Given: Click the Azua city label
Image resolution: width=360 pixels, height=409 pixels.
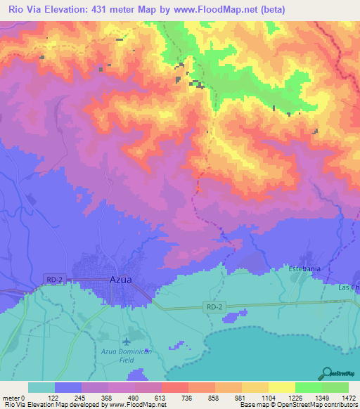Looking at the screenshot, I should click(120, 279).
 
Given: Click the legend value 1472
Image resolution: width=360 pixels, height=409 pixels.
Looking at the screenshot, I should click(349, 398).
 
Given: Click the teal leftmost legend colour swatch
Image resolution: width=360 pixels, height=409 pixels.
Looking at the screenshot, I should click(41, 387).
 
